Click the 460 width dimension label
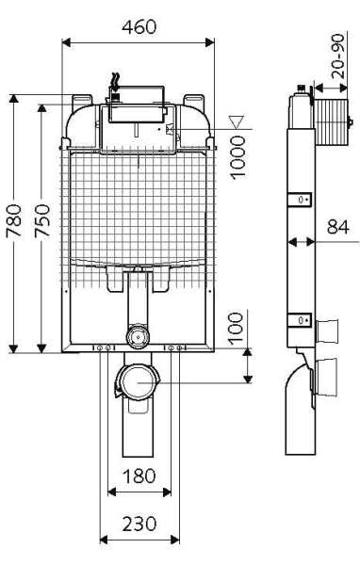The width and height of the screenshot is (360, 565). tap(139, 27)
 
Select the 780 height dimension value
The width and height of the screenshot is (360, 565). tap(14, 220)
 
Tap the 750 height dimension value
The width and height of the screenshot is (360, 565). tap(42, 220)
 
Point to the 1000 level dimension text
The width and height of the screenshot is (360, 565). tap(237, 157)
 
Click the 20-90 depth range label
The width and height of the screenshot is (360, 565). tap(338, 56)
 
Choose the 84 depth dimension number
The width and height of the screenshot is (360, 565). tap(338, 227)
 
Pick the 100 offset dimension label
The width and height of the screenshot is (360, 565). tap(237, 329)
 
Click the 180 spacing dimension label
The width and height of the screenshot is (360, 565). tap(139, 476)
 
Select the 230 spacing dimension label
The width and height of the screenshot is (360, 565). tap(139, 525)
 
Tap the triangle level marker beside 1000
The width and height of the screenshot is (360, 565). tap(237, 121)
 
